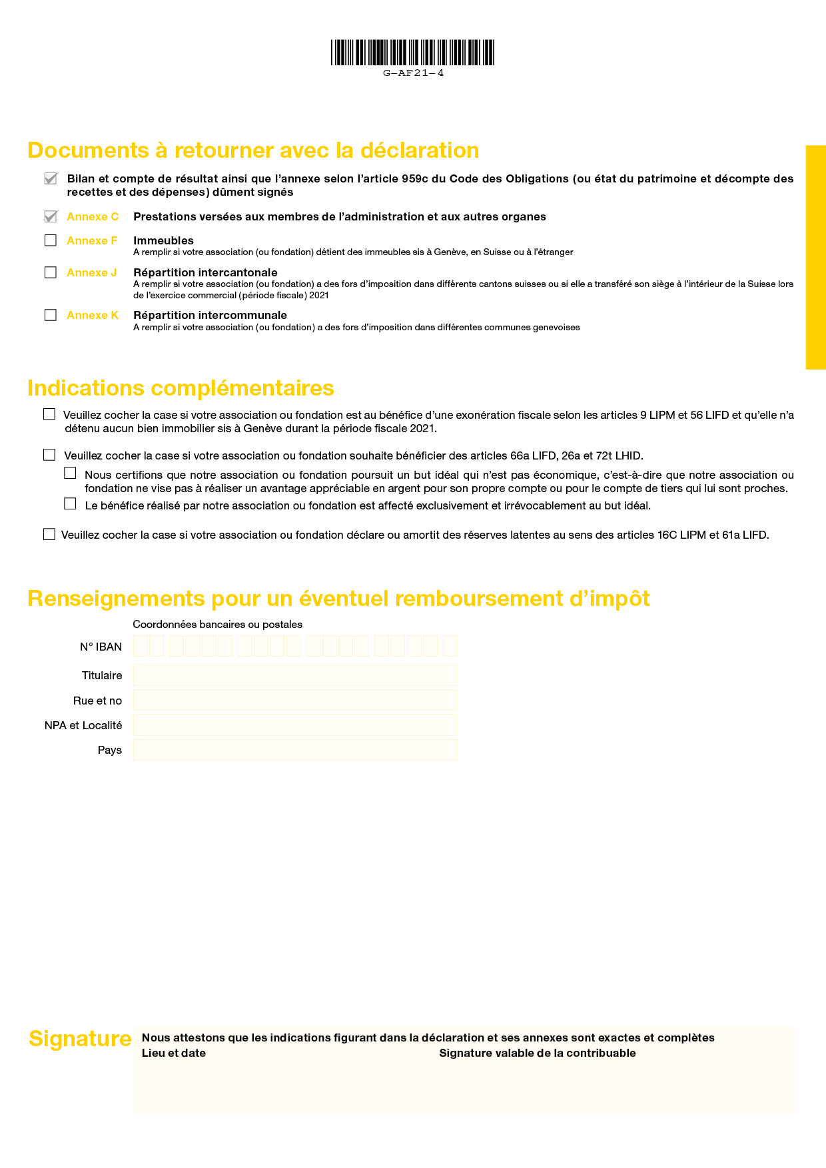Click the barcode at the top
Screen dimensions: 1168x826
pyautogui.click(x=413, y=53)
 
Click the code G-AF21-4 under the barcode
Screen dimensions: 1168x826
pyautogui.click(x=413, y=73)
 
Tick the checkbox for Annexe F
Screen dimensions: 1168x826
pyautogui.click(x=51, y=240)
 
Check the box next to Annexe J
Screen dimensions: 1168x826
pyautogui.click(x=51, y=272)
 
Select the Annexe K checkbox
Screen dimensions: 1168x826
pyautogui.click(x=51, y=315)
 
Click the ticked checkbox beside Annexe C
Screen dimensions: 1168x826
pyautogui.click(x=51, y=216)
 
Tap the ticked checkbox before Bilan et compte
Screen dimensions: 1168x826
pyautogui.click(x=51, y=178)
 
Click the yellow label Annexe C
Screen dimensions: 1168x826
pyautogui.click(x=93, y=216)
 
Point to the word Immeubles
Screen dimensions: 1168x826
pyautogui.click(x=163, y=240)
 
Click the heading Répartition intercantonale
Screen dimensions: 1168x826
pyautogui.click(x=205, y=272)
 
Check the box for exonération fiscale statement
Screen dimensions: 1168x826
pyautogui.click(x=49, y=414)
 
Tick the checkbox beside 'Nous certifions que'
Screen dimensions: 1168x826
pyautogui.click(x=70, y=473)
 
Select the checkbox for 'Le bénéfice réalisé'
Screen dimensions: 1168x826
pyautogui.click(x=70, y=504)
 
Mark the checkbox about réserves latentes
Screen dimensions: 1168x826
pyautogui.click(x=49, y=534)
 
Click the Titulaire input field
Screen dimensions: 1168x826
pyautogui.click(x=295, y=675)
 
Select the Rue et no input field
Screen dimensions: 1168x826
pyautogui.click(x=295, y=700)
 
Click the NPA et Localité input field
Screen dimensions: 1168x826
pyautogui.click(x=295, y=725)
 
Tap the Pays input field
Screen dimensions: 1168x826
pyautogui.click(x=295, y=750)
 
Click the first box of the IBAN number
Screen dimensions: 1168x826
pyautogui.click(x=141, y=646)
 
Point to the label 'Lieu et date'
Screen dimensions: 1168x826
pyautogui.click(x=174, y=1053)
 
